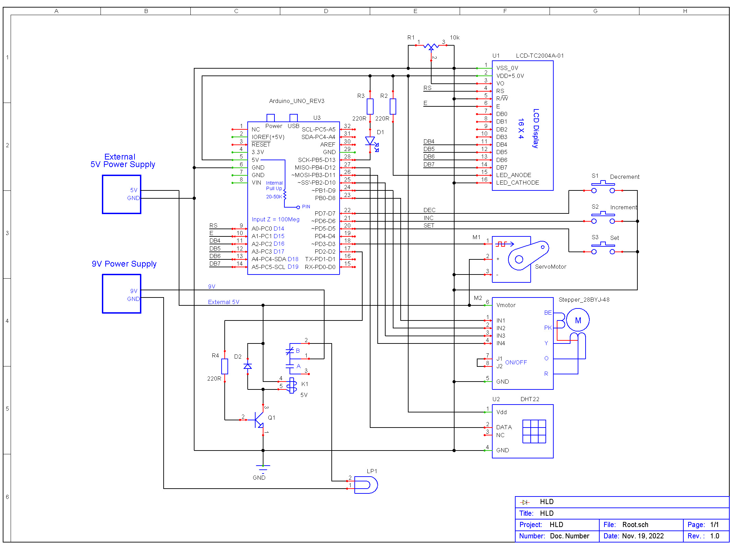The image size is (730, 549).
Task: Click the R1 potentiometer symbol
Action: click(x=431, y=46)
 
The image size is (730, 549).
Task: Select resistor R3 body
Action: click(x=370, y=106)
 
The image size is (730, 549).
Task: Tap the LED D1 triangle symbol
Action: click(x=370, y=141)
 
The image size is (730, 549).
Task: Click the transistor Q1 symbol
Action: click(x=259, y=420)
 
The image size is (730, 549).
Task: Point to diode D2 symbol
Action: click(x=248, y=366)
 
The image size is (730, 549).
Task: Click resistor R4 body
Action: click(x=225, y=366)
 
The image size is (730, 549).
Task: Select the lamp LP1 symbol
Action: click(x=366, y=485)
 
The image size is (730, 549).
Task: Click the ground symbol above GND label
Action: click(x=263, y=468)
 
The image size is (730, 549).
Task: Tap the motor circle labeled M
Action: click(x=578, y=320)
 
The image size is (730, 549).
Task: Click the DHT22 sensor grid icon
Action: click(x=534, y=431)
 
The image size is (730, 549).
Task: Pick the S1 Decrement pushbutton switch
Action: click(x=603, y=188)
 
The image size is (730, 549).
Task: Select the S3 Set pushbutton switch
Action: click(x=603, y=249)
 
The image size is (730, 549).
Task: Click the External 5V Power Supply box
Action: click(x=121, y=195)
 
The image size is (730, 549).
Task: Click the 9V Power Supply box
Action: click(x=121, y=294)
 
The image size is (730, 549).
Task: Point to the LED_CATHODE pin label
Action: click(x=517, y=183)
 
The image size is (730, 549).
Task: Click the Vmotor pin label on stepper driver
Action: click(x=506, y=305)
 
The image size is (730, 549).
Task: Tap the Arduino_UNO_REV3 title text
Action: click(x=297, y=101)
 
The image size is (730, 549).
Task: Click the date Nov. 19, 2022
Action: click(x=643, y=536)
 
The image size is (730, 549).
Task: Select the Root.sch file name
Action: click(x=635, y=525)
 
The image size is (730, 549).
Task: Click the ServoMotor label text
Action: click(x=551, y=267)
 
